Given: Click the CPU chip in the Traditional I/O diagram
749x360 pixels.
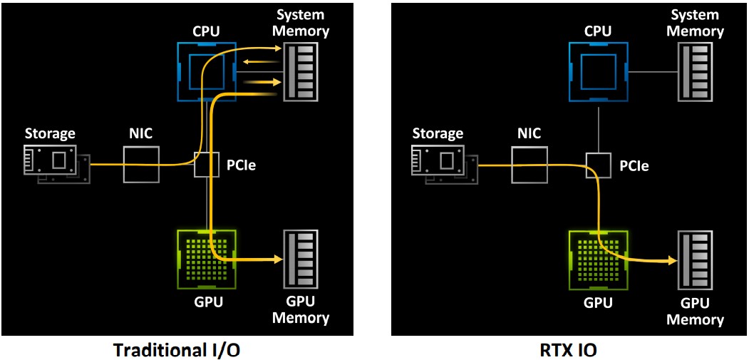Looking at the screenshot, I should pyautogui.click(x=207, y=71).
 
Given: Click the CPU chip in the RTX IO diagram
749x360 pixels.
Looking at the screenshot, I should pyautogui.click(x=598, y=71).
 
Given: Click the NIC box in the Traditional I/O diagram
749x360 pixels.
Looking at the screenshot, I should pyautogui.click(x=141, y=164).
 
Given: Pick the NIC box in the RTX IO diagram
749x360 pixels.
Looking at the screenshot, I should pyautogui.click(x=530, y=164).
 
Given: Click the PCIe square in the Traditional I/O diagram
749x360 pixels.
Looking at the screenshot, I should pyautogui.click(x=207, y=165).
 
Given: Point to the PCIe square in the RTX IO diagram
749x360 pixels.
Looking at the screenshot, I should pyautogui.click(x=598, y=165).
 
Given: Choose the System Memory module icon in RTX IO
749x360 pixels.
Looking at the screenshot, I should pyautogui.click(x=694, y=72).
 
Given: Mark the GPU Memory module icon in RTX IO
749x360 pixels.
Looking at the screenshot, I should pyautogui.click(x=694, y=260).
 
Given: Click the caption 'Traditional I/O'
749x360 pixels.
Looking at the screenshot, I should pyautogui.click(x=176, y=349).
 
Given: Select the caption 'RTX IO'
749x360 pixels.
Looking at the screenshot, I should pyautogui.click(x=568, y=349).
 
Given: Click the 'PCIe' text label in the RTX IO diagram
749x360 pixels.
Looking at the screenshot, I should pyautogui.click(x=634, y=165).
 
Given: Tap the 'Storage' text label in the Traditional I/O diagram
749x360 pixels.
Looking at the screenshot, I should pyautogui.click(x=50, y=133).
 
